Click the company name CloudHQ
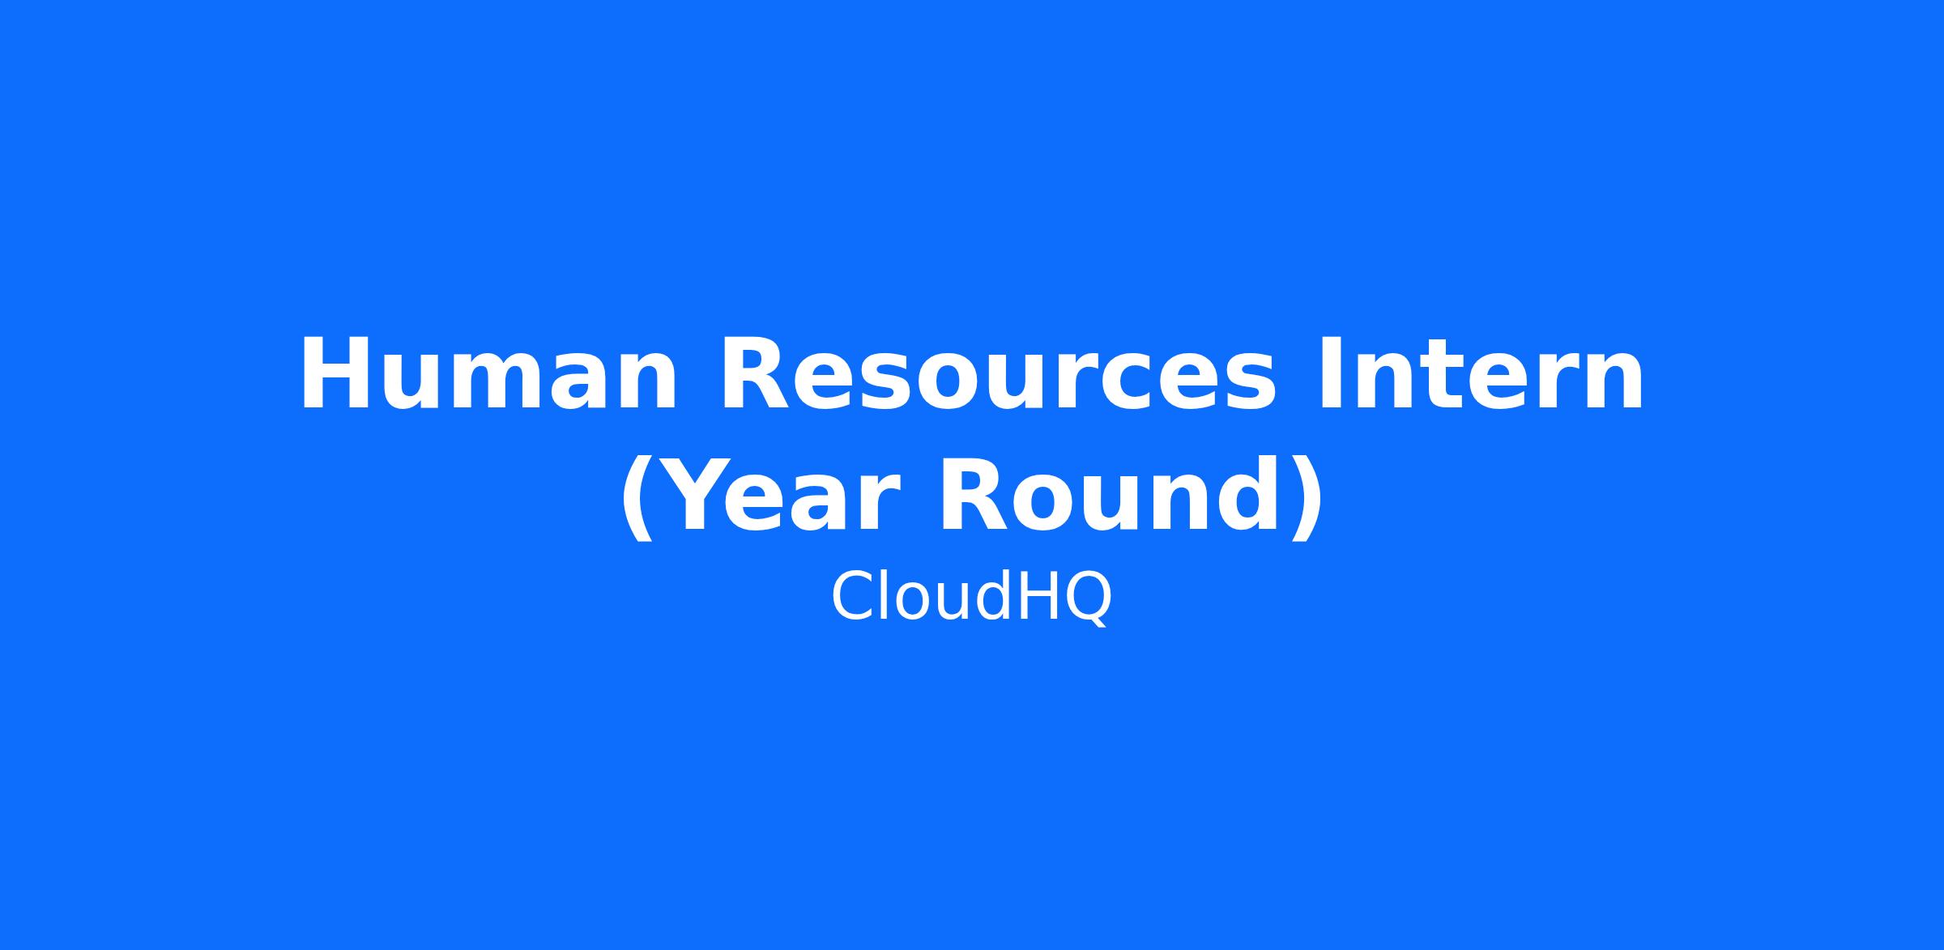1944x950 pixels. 972,598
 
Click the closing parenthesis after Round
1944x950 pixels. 1307,496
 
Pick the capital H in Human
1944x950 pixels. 336,375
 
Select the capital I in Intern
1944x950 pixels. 1330,375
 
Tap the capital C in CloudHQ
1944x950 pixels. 854,597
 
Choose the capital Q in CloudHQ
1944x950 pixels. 1085,599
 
